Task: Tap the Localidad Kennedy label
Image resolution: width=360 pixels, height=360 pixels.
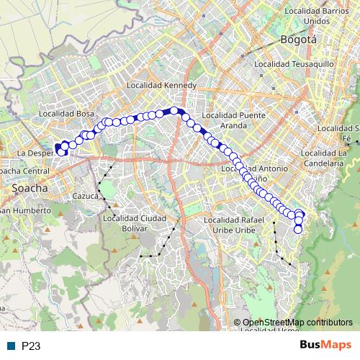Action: click(x=161, y=85)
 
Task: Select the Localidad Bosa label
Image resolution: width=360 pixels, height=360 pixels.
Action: click(x=67, y=114)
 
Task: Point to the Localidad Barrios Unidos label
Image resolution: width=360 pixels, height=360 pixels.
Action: click(x=317, y=15)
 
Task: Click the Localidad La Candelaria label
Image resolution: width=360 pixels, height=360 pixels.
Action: click(x=326, y=157)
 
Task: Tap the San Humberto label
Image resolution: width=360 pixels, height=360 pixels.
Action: click(x=24, y=211)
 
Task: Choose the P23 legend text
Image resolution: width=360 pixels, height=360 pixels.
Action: click(x=30, y=346)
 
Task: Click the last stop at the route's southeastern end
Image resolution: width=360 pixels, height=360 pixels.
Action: click(x=299, y=230)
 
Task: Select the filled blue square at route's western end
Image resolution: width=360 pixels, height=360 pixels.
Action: click(x=58, y=146)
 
